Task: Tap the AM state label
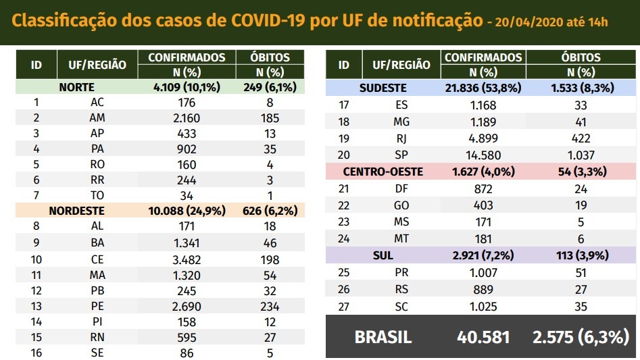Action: point(97,118)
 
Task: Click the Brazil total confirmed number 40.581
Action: point(483,337)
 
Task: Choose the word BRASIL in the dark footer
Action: point(383,337)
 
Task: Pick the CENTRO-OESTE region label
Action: point(383,172)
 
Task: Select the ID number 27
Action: point(343,305)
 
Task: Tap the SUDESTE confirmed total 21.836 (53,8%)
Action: point(483,88)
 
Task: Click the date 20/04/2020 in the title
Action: point(528,22)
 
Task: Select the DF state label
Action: point(401,188)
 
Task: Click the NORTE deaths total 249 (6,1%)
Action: point(269,87)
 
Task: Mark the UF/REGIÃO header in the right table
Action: point(401,65)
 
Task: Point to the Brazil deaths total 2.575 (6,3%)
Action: point(581,337)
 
